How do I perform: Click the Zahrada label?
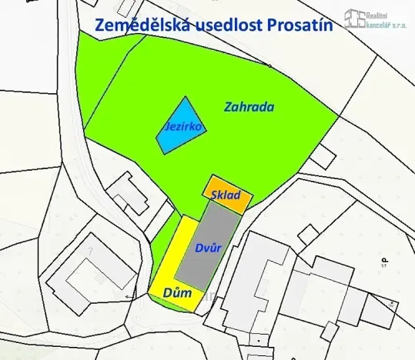click(x=249, y=107)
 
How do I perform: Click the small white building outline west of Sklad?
click(x=129, y=193)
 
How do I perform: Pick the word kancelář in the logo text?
click(x=384, y=24)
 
